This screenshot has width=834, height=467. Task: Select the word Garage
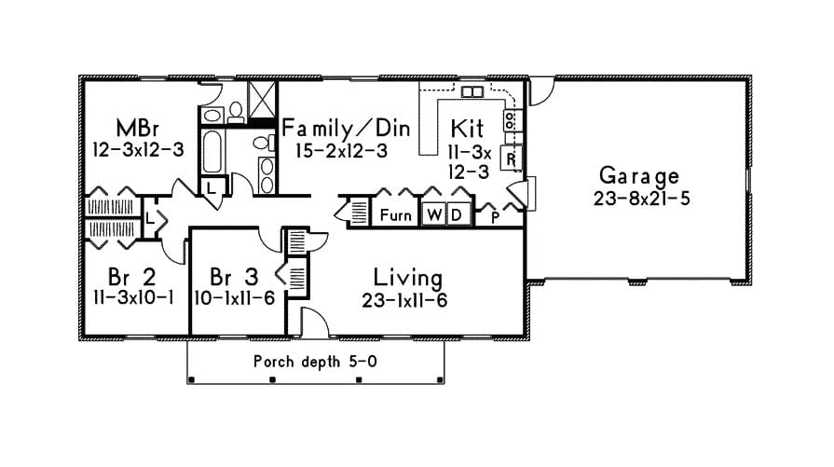tap(638, 175)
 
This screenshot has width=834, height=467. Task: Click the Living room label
tap(407, 278)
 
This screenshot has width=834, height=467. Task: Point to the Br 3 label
tap(233, 278)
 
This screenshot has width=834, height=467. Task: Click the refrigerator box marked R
tap(512, 158)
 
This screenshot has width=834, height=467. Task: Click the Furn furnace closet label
tap(395, 215)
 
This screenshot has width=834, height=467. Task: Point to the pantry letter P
tap(494, 217)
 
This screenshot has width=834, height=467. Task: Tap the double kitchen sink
tap(472, 91)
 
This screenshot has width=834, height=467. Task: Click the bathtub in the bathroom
tap(212, 153)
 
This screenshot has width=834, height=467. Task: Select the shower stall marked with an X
tap(263, 97)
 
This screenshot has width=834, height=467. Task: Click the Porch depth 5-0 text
tap(315, 361)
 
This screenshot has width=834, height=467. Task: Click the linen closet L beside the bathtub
tap(212, 186)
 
